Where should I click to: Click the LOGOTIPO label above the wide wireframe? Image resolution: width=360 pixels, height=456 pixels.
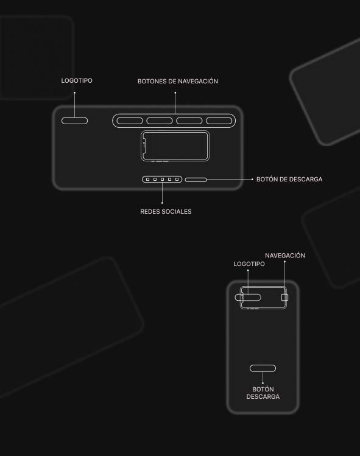[77, 80]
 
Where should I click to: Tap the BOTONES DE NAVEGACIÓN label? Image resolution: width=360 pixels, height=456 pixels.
[178, 81]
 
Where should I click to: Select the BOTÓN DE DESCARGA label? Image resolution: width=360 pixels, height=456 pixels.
[289, 179]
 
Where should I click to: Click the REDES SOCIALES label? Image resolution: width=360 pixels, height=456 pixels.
[166, 211]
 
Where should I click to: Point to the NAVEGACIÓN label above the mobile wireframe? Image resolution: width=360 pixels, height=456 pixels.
[285, 255]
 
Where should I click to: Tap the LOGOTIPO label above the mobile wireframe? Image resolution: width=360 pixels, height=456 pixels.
[249, 264]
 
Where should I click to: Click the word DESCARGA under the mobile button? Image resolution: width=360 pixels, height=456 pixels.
[263, 396]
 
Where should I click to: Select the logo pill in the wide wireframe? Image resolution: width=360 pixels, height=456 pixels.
[74, 121]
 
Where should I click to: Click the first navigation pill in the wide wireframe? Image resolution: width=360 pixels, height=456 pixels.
[130, 121]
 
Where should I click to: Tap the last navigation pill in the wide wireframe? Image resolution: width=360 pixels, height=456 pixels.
[219, 121]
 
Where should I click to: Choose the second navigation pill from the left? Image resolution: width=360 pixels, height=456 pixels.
[160, 121]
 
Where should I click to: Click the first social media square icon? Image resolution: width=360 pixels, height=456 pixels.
[147, 180]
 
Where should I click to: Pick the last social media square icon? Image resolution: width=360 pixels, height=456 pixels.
[177, 180]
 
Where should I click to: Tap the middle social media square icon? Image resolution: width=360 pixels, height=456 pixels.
[163, 180]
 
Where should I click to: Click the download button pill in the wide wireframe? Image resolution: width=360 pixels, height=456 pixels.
[196, 180]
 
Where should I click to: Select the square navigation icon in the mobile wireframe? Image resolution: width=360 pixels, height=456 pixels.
[285, 297]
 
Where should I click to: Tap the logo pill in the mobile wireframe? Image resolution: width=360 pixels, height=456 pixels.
[248, 297]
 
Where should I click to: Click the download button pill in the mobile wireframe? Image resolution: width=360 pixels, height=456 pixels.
[263, 368]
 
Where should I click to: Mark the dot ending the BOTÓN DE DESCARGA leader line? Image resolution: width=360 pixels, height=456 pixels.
[252, 180]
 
